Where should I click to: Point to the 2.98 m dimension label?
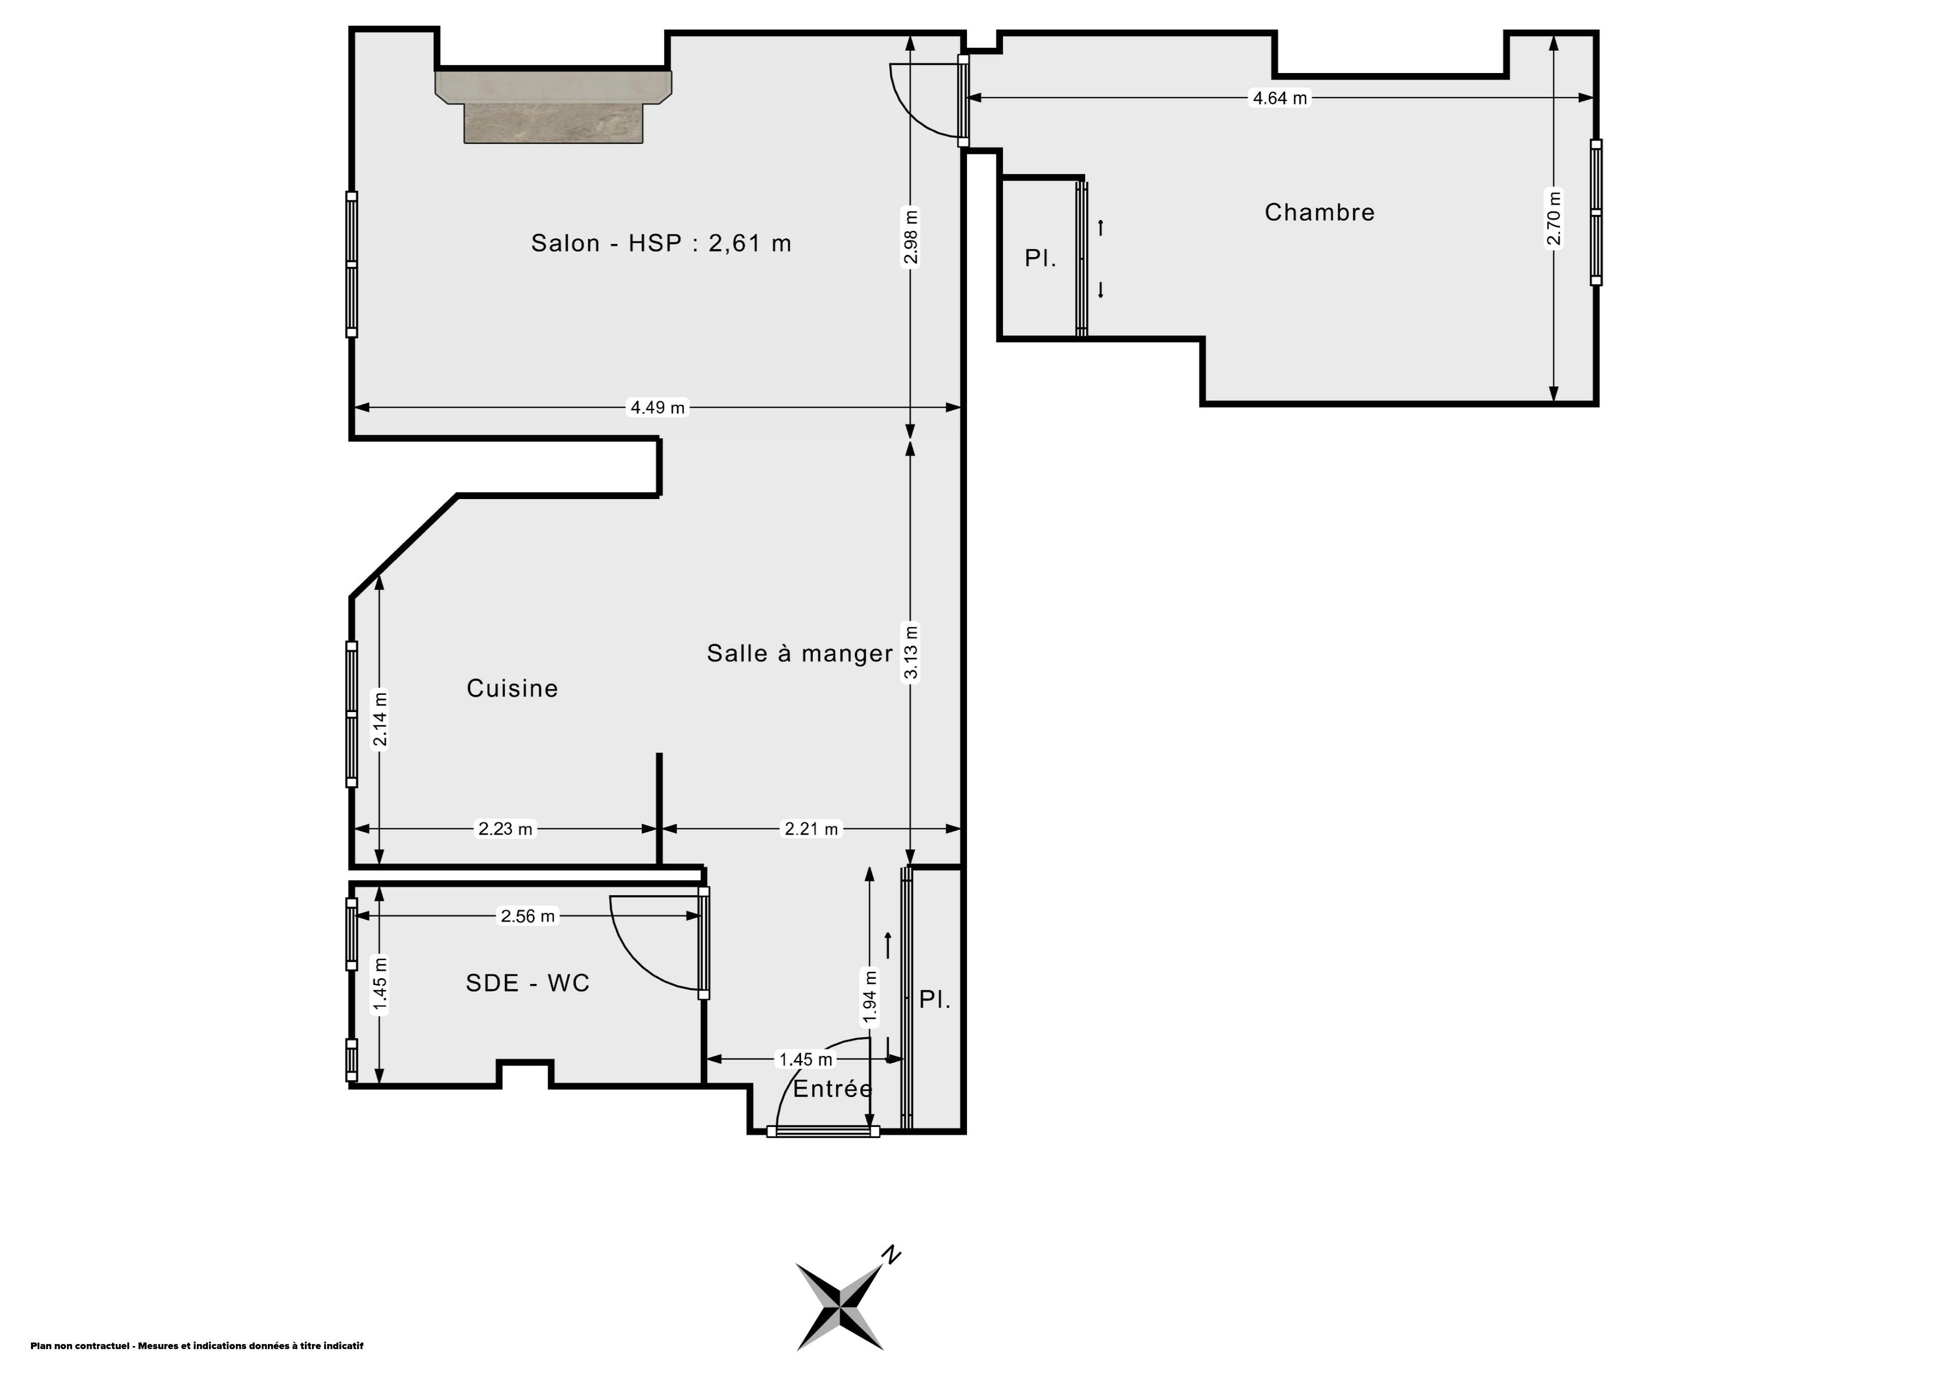911,237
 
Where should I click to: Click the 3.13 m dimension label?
911,652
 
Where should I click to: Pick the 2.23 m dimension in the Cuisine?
506,829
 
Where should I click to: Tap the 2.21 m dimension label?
811,829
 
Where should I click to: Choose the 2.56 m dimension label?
528,916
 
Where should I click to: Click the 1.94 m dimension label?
869,996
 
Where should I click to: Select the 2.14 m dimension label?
380,719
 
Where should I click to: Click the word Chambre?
1319,212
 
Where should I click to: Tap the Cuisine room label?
512,688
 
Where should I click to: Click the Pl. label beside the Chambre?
1040,258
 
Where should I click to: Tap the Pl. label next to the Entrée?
935,1000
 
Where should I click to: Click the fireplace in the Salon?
553,107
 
